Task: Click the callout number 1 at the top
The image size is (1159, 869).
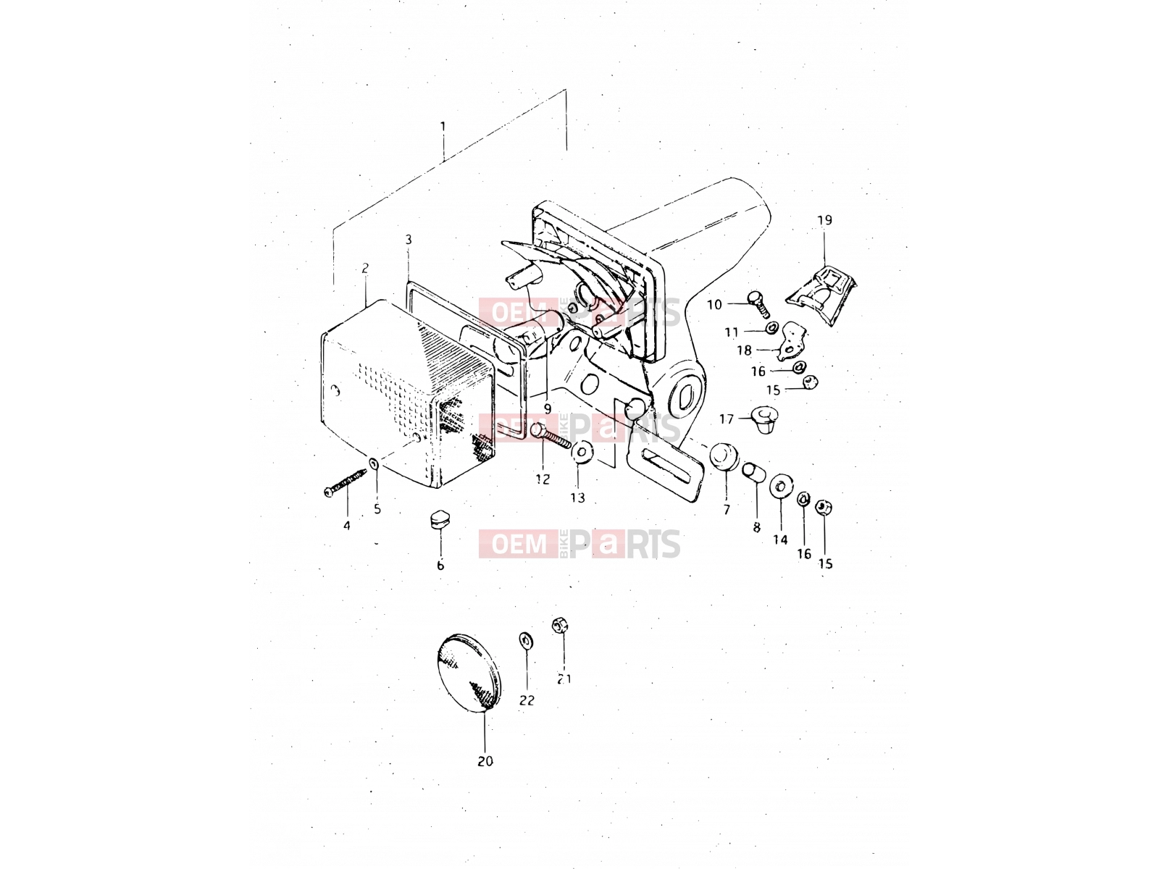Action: tap(443, 127)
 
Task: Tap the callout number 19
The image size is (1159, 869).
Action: tap(824, 220)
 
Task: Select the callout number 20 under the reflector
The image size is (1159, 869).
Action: tap(485, 761)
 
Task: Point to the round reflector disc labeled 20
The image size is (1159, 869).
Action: tap(469, 673)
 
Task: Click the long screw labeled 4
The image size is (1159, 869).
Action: tap(345, 482)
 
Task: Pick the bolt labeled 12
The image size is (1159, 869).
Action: tap(550, 438)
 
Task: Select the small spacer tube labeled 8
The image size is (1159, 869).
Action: tap(753, 471)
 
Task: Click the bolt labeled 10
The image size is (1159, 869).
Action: tap(758, 303)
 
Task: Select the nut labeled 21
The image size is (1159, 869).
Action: tap(559, 626)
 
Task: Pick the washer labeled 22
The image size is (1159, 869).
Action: tap(526, 641)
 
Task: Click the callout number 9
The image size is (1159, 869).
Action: tap(547, 408)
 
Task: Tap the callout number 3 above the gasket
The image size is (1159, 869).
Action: tap(408, 240)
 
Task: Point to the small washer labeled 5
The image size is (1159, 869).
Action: tap(373, 463)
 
